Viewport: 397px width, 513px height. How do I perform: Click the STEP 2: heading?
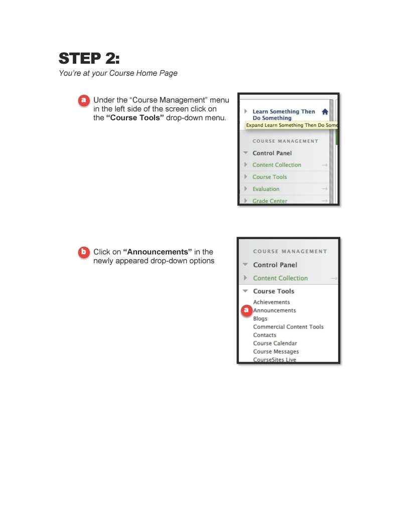89,58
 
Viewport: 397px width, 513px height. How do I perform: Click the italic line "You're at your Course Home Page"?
118,73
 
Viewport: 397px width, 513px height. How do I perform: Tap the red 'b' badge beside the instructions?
84,252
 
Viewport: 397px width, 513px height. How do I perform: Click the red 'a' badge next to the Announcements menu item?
246,311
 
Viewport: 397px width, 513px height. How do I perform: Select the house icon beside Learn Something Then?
325,112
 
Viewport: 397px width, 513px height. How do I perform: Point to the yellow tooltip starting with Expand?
292,125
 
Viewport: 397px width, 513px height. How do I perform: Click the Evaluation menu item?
266,189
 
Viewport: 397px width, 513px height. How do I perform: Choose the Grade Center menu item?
270,201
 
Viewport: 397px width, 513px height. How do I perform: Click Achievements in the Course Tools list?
271,302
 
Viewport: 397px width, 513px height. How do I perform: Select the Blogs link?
260,319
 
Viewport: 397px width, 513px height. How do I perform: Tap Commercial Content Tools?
288,327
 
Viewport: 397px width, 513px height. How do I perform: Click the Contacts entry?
264,335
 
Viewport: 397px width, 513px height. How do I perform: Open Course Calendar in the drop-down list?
275,344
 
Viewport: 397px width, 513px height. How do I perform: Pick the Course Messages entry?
276,352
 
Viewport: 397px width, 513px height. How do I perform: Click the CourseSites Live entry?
274,360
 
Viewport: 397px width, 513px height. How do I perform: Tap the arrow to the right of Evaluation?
324,189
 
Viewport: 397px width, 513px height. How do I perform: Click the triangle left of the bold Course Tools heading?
245,291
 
